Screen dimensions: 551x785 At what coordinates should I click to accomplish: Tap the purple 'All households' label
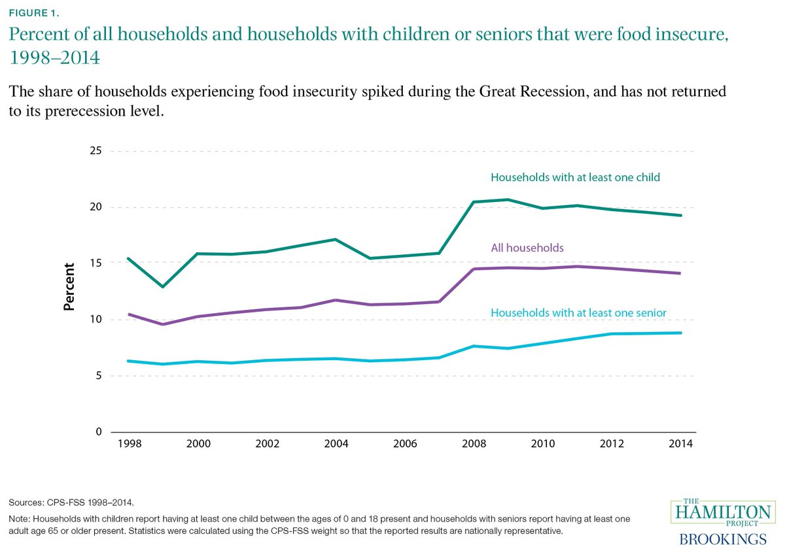coord(527,248)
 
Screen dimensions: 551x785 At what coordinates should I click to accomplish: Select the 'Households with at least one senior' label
coord(578,313)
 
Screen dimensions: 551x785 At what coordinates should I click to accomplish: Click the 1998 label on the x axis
coord(129,444)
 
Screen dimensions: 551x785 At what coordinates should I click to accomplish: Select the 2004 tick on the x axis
coord(336,444)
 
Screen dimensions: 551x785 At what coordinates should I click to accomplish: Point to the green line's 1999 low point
coord(163,286)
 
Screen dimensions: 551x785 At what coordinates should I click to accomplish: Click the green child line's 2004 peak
coord(336,239)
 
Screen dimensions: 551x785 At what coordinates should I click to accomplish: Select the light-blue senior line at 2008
coord(474,346)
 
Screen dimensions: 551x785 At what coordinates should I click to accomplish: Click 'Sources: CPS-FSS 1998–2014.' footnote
coord(71,503)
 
